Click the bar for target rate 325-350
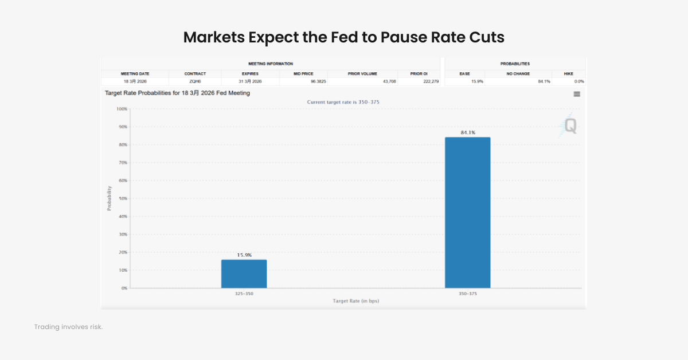coord(244,274)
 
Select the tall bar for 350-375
coord(467,212)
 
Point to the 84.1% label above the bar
coord(467,132)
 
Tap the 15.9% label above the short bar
coord(244,255)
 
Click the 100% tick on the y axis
coord(121,109)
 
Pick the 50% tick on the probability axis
coord(122,198)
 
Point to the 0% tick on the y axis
coord(124,288)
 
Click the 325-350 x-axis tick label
coord(244,294)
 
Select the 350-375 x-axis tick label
coord(467,294)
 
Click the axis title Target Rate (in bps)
coord(355,301)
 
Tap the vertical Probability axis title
coord(110,198)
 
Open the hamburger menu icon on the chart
coord(577,94)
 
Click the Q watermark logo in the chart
coord(569,126)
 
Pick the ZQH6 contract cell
coord(195,81)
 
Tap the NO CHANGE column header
coord(518,73)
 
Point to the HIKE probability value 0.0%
coord(578,81)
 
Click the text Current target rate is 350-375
coord(343,102)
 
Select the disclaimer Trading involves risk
coord(68,327)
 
